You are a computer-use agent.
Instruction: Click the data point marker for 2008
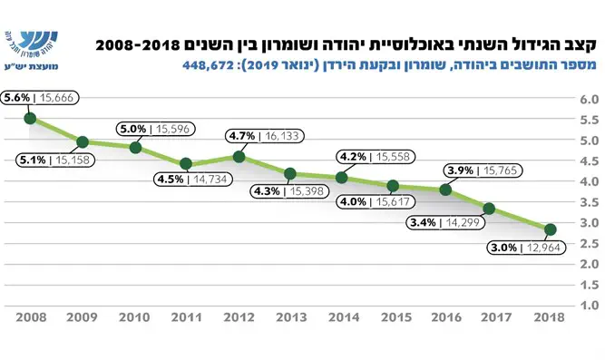click(x=30, y=118)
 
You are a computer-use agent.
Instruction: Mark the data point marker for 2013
click(x=289, y=173)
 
